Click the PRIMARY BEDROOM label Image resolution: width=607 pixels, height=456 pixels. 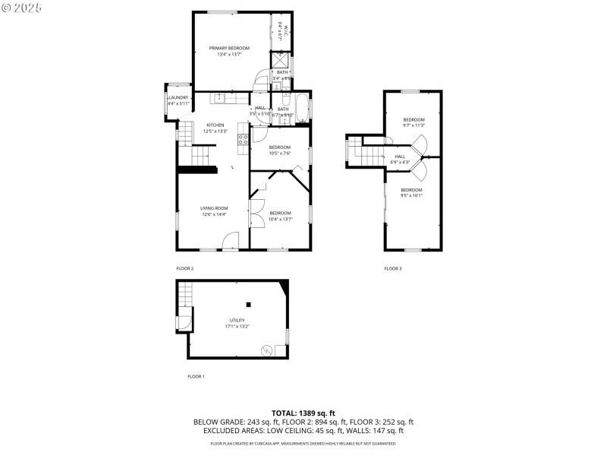click(229, 48)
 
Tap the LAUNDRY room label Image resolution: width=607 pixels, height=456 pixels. click(178, 98)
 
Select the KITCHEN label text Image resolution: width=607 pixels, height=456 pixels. click(215, 125)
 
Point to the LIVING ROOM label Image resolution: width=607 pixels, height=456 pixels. click(214, 207)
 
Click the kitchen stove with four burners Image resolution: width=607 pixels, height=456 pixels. click(244, 138)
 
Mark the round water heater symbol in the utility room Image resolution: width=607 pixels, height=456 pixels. click(266, 350)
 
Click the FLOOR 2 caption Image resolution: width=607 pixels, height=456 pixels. click(185, 268)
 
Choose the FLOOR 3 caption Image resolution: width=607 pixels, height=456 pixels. click(393, 268)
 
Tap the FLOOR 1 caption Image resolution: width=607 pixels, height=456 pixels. click(196, 376)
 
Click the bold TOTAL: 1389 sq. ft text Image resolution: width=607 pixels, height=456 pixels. click(303, 413)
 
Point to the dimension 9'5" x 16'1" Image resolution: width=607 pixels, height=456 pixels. click(411, 195)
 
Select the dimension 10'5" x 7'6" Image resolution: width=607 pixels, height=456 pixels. click(280, 153)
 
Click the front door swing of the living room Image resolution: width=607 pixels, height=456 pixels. click(231, 242)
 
